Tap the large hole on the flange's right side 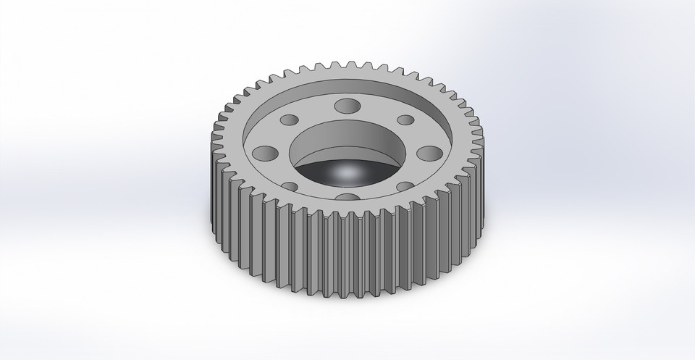pyautogui.click(x=430, y=153)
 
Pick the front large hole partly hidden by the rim pyautogui.click(x=348, y=197)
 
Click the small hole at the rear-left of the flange pyautogui.click(x=290, y=120)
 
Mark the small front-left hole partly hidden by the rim pyautogui.click(x=291, y=186)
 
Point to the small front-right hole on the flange pyautogui.click(x=405, y=186)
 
